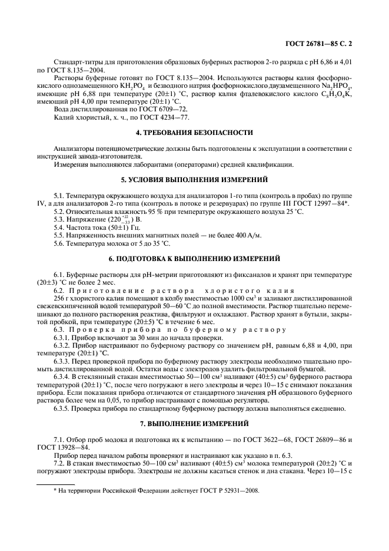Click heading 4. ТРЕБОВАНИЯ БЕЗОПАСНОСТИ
pos(194,133)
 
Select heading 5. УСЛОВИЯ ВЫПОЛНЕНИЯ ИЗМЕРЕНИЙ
pos(194,180)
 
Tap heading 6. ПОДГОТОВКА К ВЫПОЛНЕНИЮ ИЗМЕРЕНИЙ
pos(194,259)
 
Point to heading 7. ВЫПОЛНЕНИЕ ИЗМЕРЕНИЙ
pos(194,423)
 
